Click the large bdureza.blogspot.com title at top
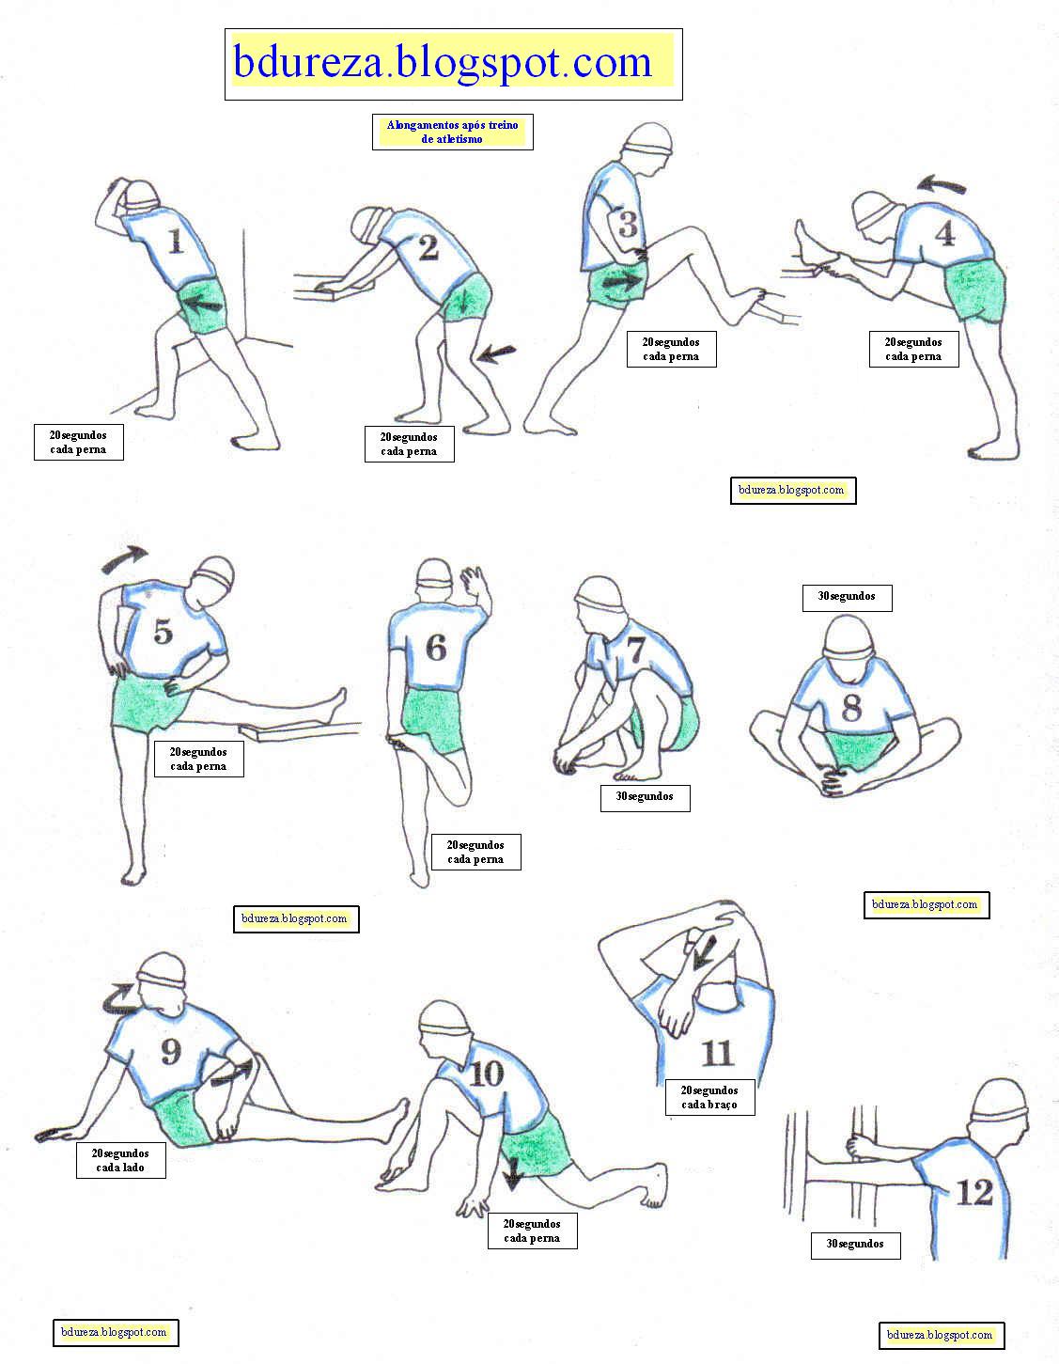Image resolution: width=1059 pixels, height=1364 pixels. point(443,62)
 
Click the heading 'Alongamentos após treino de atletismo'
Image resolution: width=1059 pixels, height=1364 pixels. point(452,132)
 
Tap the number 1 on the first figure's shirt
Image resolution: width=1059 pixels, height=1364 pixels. point(176,241)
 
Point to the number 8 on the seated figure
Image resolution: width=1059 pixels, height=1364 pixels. point(851,706)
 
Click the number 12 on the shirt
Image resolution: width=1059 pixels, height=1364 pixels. point(975,1191)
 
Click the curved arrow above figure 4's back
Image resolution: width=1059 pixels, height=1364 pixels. point(941,184)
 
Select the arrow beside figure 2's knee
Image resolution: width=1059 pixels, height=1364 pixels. point(495,354)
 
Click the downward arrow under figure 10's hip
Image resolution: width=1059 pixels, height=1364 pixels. point(513,1174)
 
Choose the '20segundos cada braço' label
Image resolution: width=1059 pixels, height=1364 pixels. point(709,1097)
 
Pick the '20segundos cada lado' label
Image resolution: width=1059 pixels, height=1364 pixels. point(120,1160)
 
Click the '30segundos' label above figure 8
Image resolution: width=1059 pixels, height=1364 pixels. point(847,598)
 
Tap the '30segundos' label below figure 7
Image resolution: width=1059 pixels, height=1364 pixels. point(645,798)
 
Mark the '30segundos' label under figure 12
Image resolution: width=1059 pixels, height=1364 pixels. point(855,1246)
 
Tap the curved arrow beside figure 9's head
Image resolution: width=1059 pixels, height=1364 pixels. point(121,999)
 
